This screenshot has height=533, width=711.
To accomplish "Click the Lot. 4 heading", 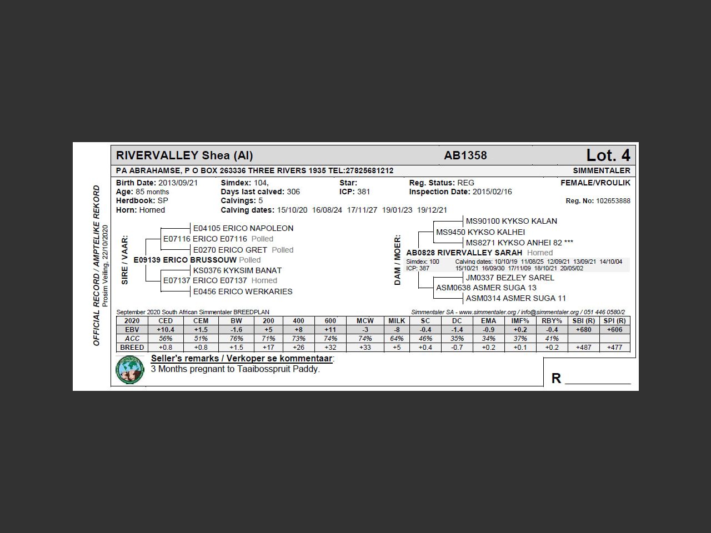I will point(608,155).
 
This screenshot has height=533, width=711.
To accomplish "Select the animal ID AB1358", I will point(465,155).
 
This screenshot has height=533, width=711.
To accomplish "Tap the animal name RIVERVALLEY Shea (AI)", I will point(184,155).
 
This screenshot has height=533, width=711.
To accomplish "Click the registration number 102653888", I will point(613,201).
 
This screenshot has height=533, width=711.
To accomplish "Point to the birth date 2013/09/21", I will point(178,183).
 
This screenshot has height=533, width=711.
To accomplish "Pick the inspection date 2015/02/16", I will point(492,192).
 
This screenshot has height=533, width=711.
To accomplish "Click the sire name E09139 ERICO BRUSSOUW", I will point(185,260).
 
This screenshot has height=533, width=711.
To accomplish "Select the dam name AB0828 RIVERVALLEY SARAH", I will point(464,253).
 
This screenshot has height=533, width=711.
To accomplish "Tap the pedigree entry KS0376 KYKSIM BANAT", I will point(237,270).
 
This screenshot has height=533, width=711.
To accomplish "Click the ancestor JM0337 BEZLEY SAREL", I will point(510,278).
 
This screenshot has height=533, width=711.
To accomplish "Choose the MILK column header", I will point(397,321).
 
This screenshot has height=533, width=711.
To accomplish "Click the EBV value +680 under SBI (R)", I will point(583,330).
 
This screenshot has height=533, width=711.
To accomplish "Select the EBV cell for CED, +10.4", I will point(166,330).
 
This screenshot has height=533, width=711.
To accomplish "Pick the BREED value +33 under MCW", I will point(365,348).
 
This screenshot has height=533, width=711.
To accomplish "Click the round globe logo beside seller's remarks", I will point(130,369).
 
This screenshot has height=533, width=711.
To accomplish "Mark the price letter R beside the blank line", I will point(556,379).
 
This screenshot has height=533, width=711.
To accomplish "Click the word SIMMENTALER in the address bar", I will point(602,170).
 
